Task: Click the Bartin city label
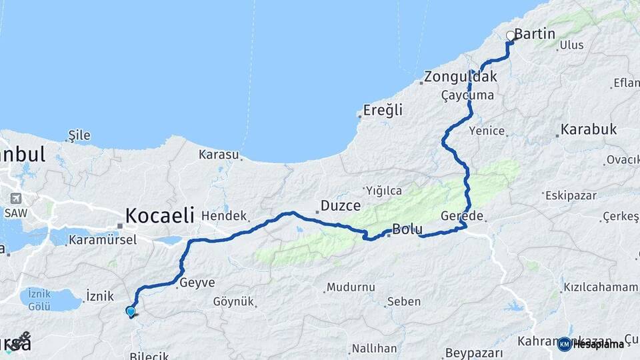535,33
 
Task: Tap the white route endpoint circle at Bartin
511,36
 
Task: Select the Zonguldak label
461,77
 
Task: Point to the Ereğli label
383,110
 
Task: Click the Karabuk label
589,129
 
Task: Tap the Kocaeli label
160,215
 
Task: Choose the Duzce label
341,205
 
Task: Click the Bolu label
407,230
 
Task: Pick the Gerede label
462,216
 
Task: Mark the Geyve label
196,283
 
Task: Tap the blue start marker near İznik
131,311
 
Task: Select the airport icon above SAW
15,199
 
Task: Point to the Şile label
79,135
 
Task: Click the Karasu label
218,155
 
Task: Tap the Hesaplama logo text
597,344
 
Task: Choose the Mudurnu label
349,287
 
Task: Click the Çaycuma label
467,95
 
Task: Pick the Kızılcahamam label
601,287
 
